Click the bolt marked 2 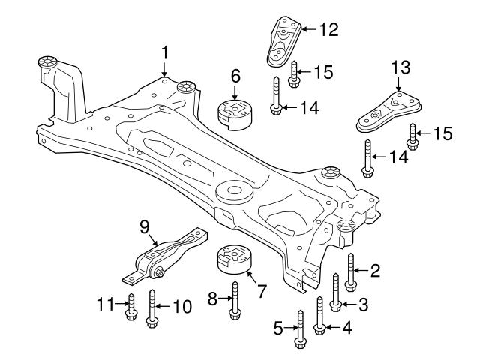350,273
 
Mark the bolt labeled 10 153,309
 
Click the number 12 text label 328,30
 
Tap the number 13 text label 401,67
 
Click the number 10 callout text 181,306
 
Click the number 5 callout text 277,328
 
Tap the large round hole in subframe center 234,193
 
